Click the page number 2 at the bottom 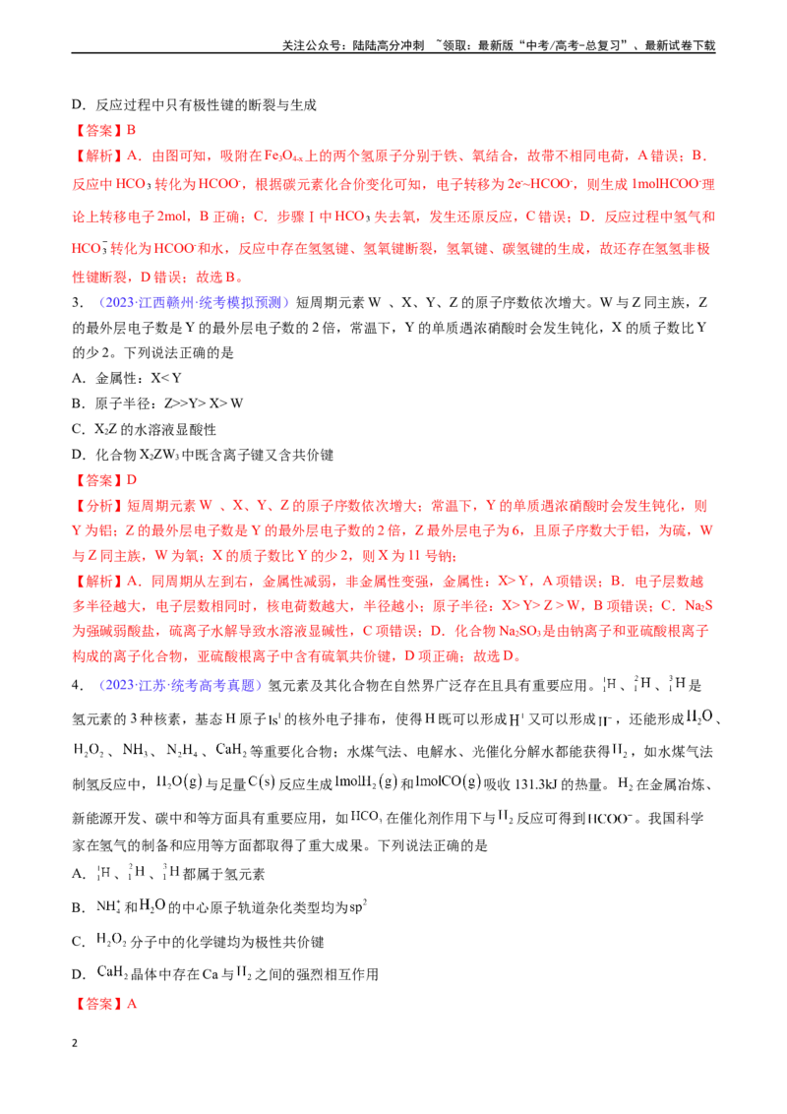pyautogui.click(x=75, y=1043)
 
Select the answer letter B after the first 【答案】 pyautogui.click(x=132, y=130)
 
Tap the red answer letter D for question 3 pyautogui.click(x=132, y=480)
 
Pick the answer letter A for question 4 pyautogui.click(x=132, y=1004)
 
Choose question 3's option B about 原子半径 pyautogui.click(x=157, y=403)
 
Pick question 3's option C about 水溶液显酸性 pyautogui.click(x=145, y=429)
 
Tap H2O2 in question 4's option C pyautogui.click(x=111, y=941)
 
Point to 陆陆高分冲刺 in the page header pyautogui.click(x=389, y=45)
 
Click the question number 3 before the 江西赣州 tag pyautogui.click(x=78, y=303)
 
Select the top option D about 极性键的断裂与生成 pyautogui.click(x=194, y=105)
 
